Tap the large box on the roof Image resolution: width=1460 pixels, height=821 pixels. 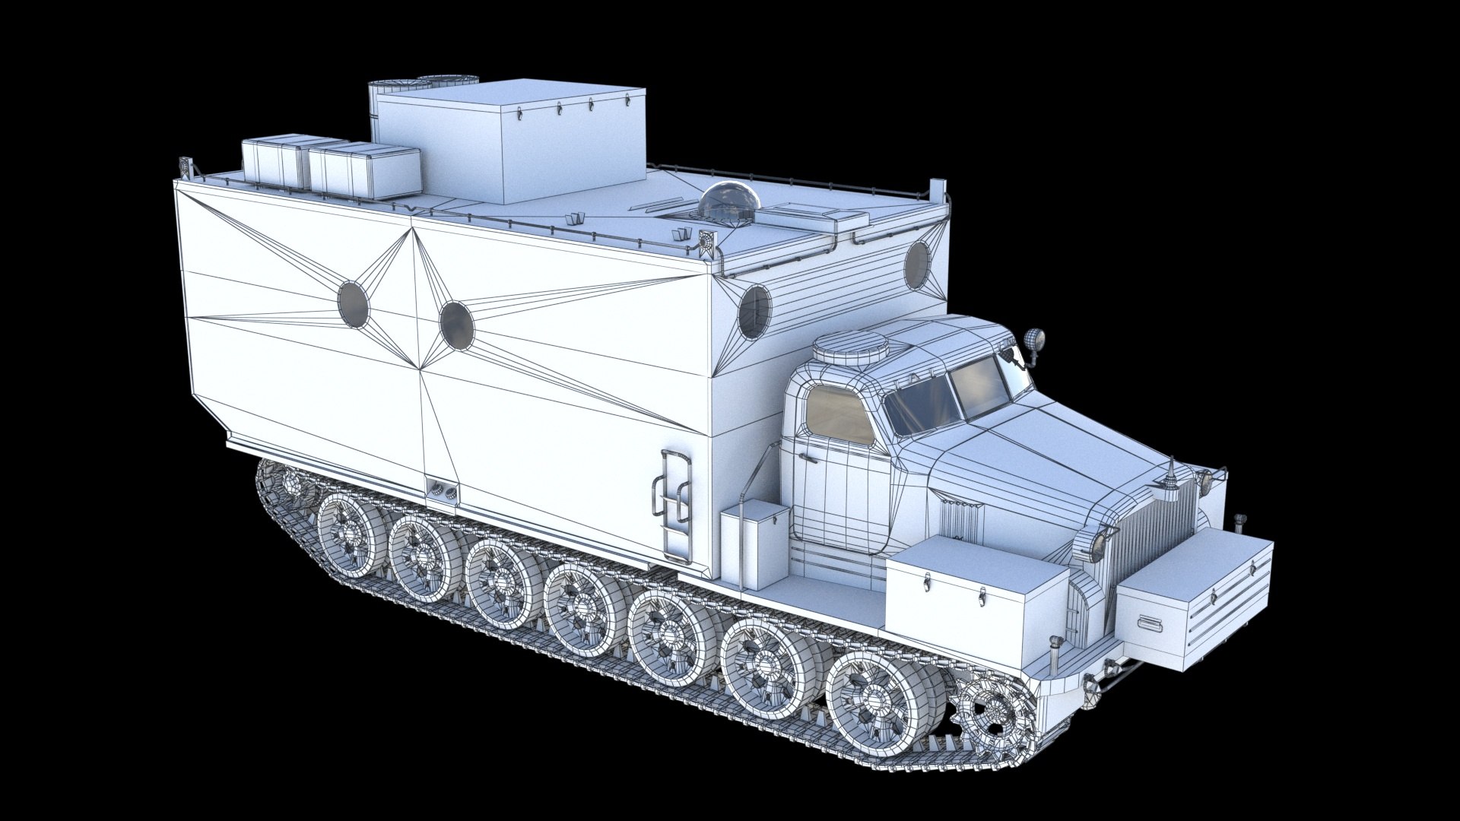508,144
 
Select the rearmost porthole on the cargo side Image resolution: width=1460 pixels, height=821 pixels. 353,303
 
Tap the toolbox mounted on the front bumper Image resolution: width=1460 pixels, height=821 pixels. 1194,597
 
